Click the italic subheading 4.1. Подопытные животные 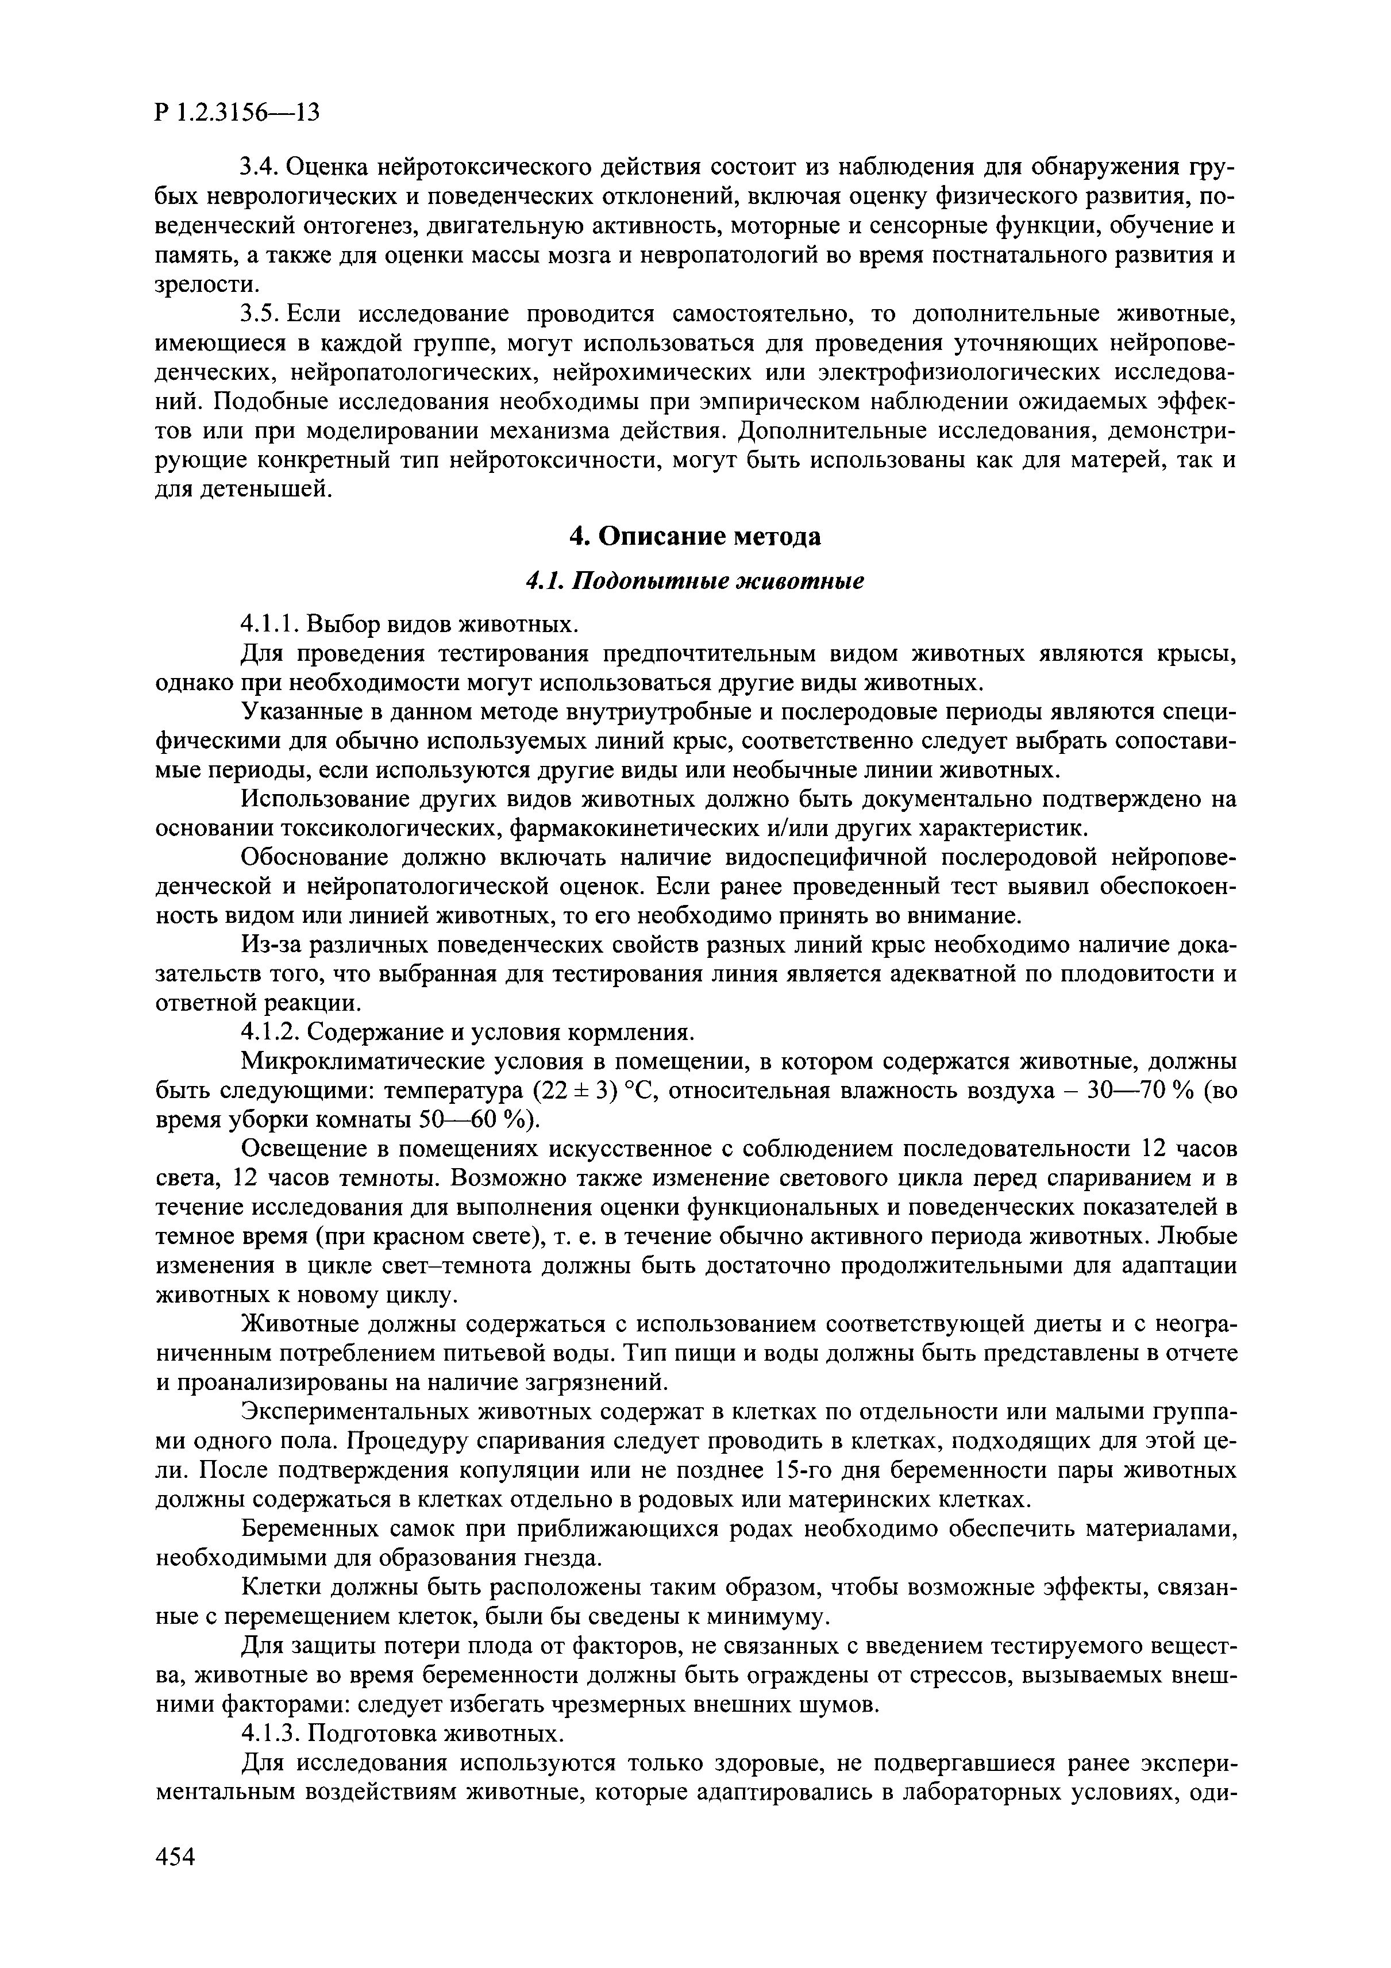[695, 580]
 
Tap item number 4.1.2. [272, 1032]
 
